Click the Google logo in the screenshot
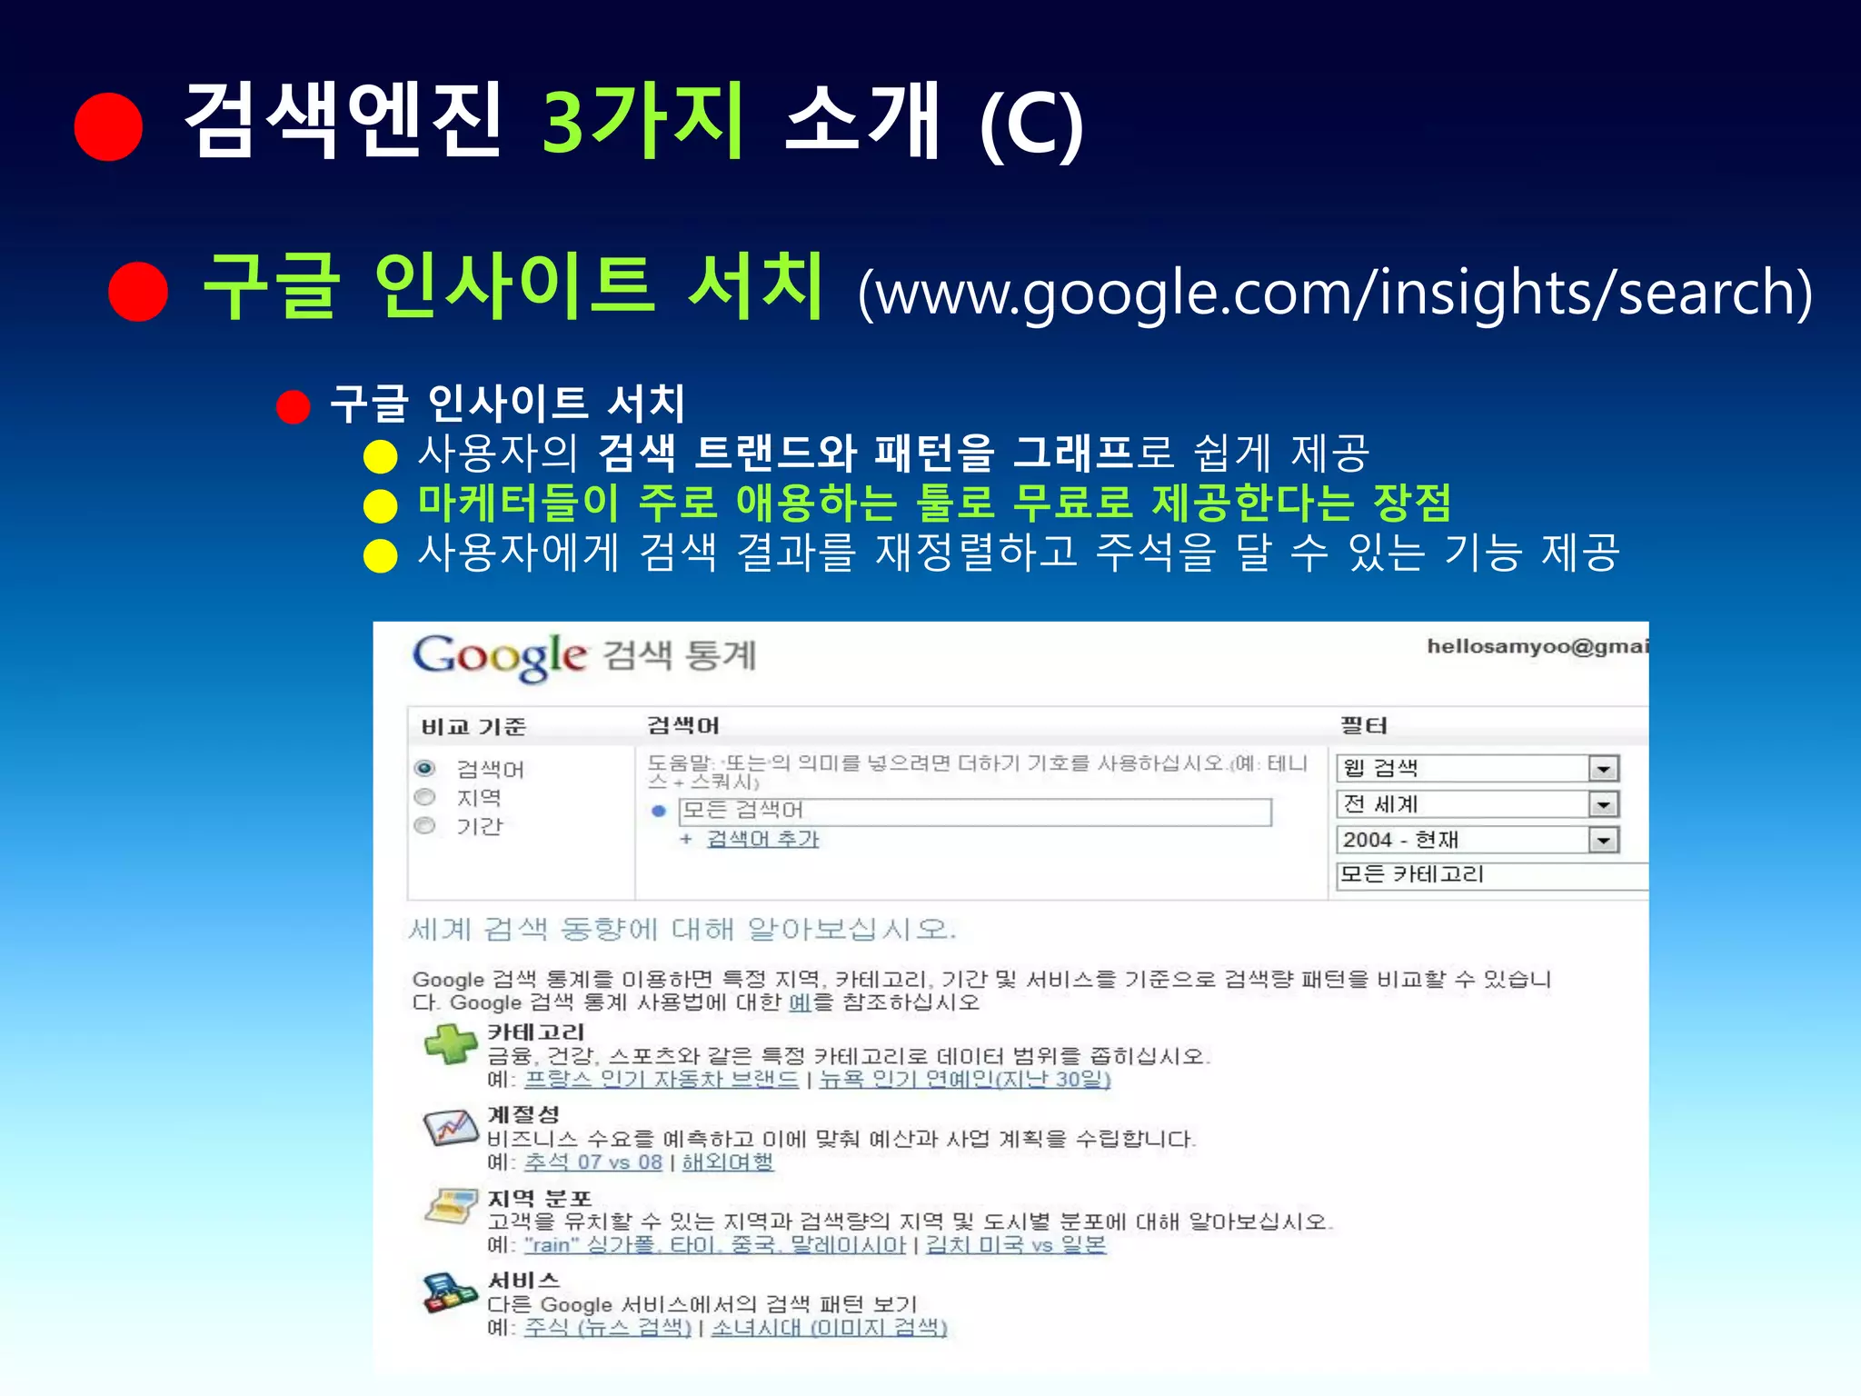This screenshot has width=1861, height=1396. [499, 655]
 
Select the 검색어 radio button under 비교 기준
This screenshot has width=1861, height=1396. [424, 769]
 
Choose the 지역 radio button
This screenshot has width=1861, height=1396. [424, 797]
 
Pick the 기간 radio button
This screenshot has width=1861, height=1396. [424, 825]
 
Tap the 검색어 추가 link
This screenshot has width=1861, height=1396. [762, 839]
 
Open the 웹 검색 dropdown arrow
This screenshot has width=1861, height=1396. [1604, 769]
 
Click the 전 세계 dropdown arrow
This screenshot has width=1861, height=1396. [1604, 804]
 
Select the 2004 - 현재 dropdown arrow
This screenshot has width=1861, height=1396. [1604, 840]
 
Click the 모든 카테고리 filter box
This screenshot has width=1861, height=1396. [1490, 875]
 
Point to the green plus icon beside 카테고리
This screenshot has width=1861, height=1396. [451, 1043]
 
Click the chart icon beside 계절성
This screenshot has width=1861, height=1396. [451, 1127]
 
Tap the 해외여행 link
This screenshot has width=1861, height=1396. [727, 1162]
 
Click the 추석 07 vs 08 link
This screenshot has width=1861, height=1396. [592, 1162]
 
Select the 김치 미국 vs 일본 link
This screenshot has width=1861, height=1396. [1015, 1244]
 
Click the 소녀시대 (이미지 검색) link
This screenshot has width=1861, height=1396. [829, 1327]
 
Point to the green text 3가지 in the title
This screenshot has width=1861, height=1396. [643, 119]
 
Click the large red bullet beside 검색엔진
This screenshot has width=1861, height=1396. [109, 126]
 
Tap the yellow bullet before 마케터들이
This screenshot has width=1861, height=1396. [381, 505]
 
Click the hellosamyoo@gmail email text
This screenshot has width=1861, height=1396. [1536, 646]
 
